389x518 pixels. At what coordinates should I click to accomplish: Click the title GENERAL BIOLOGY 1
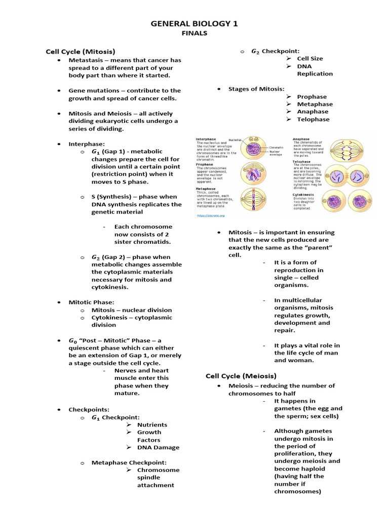click(194, 23)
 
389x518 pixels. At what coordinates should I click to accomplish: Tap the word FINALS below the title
click(194, 33)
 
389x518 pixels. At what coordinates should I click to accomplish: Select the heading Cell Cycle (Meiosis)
click(241, 376)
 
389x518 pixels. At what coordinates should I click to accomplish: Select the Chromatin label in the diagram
click(276, 146)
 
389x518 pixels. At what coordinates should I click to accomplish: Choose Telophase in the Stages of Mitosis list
click(313, 119)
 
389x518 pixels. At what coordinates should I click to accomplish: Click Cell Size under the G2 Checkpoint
click(309, 59)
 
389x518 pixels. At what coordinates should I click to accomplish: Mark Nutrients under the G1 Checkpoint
click(152, 425)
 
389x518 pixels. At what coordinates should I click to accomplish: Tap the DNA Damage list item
click(158, 448)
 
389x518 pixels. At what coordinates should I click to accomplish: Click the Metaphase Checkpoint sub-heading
click(129, 462)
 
